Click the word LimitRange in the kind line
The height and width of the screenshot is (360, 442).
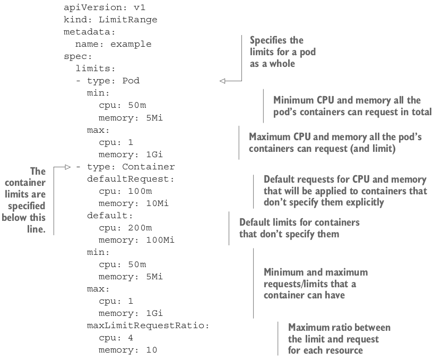pyautogui.click(x=128, y=20)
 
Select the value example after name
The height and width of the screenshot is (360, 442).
pyautogui.click(x=131, y=44)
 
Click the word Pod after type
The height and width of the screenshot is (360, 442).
pyautogui.click(x=131, y=81)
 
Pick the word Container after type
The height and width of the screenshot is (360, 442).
pyautogui.click(x=149, y=167)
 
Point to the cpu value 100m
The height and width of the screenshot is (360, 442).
pyautogui.click(x=140, y=191)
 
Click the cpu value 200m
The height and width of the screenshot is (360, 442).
pyautogui.click(x=140, y=228)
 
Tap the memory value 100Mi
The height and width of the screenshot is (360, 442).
pyautogui.click(x=160, y=240)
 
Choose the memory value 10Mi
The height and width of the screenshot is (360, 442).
pyautogui.click(x=157, y=203)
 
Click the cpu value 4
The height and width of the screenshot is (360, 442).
pyautogui.click(x=131, y=338)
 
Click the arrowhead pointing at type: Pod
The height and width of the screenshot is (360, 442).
pyautogui.click(x=222, y=81)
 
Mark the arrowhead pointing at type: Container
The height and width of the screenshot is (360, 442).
pyautogui.click(x=67, y=167)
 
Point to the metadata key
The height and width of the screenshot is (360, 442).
pyautogui.click(x=90, y=32)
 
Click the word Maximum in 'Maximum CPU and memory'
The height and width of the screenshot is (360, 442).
pyautogui.click(x=270, y=137)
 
